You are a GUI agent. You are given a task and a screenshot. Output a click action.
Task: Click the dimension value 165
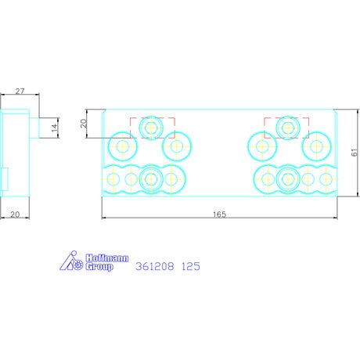point(219,214)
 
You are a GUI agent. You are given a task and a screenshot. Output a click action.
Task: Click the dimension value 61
point(355,153)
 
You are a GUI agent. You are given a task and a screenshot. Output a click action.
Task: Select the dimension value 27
point(20,92)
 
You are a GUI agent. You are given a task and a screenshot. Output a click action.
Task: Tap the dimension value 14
point(54,128)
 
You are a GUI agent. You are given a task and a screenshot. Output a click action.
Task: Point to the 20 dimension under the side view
point(15,214)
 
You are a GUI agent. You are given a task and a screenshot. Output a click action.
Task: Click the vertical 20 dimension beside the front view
point(84,123)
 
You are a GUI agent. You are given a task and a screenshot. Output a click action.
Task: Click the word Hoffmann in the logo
point(107,258)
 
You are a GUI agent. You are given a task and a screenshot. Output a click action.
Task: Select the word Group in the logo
point(99,267)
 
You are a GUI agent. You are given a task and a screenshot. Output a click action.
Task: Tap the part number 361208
point(155,266)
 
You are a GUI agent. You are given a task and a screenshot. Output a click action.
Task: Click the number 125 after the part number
point(191,266)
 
